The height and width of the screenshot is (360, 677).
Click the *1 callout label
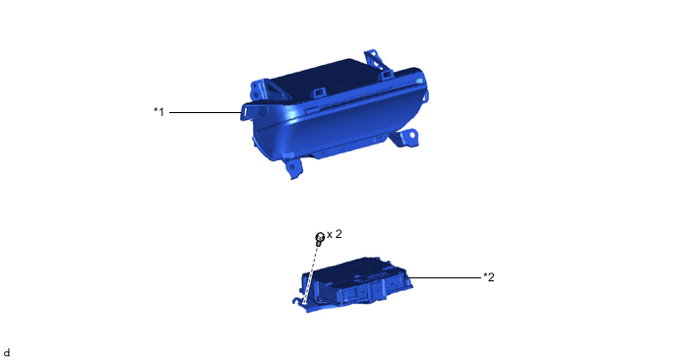[158, 112]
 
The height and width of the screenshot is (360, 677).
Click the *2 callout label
[489, 277]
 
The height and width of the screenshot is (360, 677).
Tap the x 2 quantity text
[335, 234]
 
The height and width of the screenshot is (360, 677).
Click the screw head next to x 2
[320, 237]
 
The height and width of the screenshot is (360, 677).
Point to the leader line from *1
[205, 113]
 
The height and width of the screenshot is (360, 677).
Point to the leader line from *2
[444, 277]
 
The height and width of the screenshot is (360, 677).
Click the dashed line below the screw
[312, 273]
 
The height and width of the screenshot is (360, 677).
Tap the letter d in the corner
[7, 353]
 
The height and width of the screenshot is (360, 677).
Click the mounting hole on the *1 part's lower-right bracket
[412, 136]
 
